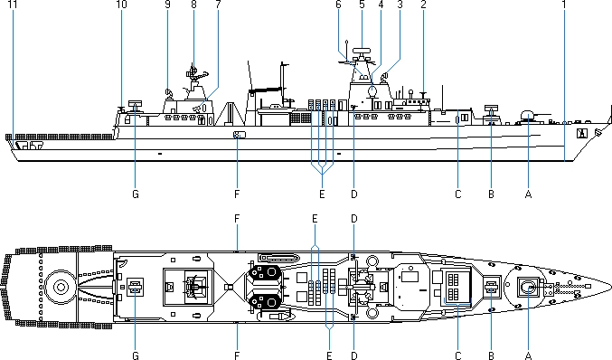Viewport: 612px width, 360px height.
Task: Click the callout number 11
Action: point(13,5)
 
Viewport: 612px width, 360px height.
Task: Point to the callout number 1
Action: point(563,5)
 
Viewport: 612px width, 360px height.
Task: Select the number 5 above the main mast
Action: point(362,5)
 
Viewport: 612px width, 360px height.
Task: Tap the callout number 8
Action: point(193,5)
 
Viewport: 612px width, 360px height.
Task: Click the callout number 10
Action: point(121,5)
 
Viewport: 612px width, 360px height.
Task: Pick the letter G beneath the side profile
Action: point(136,194)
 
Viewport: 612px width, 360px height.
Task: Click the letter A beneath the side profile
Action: point(529,194)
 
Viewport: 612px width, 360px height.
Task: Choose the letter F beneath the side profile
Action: point(237,194)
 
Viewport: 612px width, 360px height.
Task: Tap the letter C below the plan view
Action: point(457,355)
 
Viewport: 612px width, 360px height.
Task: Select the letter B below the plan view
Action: point(491,355)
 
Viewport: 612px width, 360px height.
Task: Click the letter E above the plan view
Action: point(315,219)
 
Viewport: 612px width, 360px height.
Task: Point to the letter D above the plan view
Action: point(354,219)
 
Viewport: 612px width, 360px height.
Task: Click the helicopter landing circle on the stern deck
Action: point(61,287)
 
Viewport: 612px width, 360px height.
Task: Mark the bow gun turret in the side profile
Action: point(528,116)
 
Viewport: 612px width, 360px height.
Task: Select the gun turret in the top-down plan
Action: point(528,288)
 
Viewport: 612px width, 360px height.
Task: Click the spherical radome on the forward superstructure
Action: point(372,91)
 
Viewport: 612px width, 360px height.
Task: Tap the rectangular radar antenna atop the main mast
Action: point(362,51)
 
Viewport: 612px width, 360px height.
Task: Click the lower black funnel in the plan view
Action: point(266,302)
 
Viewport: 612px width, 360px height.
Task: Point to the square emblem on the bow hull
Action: point(582,133)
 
